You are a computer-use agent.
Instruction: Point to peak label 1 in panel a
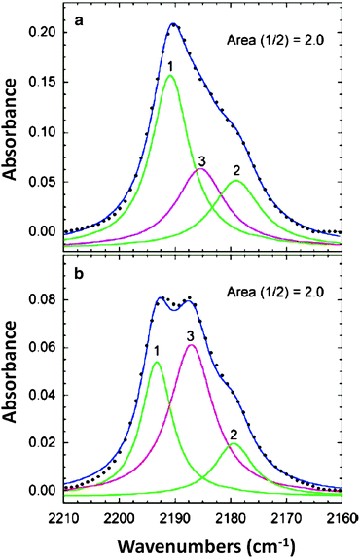(x=169, y=66)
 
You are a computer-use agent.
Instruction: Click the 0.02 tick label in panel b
(x=41, y=443)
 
